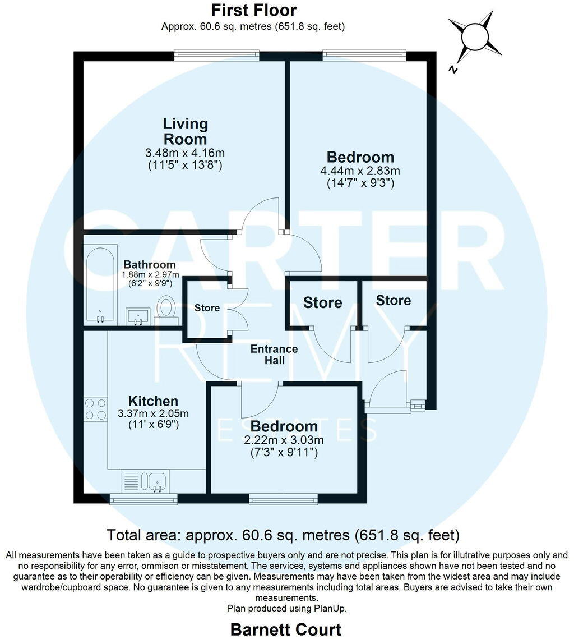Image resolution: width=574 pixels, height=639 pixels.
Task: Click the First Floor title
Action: coord(253,10)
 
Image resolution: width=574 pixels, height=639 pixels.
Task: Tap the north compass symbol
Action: coord(475,38)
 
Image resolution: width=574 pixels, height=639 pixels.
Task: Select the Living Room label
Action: coord(185,131)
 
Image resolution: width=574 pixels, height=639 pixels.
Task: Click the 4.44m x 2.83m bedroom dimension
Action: coord(360,171)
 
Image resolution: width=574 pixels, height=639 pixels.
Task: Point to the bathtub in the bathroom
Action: coord(101,283)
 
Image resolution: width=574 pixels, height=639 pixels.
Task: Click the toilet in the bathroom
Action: coord(166,309)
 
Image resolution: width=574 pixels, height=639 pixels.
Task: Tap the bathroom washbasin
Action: coord(137,315)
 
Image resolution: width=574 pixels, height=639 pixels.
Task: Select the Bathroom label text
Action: coord(150,264)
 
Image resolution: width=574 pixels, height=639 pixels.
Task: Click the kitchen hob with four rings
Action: coord(95,409)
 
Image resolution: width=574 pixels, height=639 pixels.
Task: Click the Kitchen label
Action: coord(153,401)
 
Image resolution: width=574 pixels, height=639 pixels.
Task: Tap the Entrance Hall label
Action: coord(274,355)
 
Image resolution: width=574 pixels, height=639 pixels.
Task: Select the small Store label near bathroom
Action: coord(207,308)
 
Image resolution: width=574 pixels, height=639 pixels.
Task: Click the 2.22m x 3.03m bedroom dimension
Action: coord(284,440)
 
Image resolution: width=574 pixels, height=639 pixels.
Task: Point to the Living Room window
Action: coord(216,54)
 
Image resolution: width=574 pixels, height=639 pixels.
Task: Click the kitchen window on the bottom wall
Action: coord(143,498)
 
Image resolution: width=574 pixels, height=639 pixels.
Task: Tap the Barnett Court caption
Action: coord(286,629)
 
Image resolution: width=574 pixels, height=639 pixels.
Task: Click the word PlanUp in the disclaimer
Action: coord(332,608)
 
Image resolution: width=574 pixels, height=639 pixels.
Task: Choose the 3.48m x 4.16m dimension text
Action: coord(185,153)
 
